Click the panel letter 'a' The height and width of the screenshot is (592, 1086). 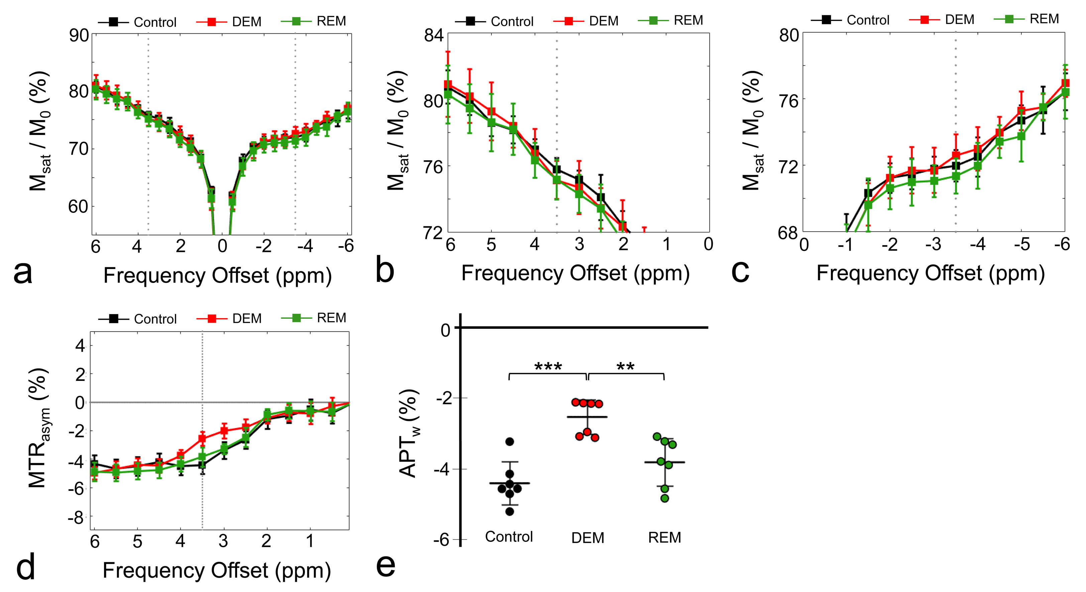pos(23,273)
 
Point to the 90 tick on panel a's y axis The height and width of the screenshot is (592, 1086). pos(79,35)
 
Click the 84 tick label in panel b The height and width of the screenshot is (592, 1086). pos(434,35)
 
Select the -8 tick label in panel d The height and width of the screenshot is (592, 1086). pos(77,518)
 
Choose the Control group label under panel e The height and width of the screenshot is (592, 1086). pos(509,537)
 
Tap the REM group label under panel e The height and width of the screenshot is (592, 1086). pos(664,537)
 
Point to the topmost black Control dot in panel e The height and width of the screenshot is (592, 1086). pos(509,442)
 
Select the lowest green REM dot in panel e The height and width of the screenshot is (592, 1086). pos(664,498)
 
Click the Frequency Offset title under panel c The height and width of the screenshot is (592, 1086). pos(931,273)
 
